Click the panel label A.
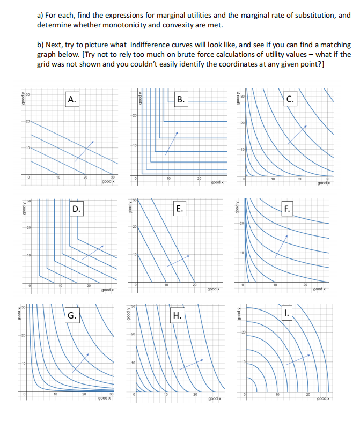[x=71, y=99]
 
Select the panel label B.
[x=181, y=99]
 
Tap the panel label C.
[x=290, y=99]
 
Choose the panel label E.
[x=180, y=209]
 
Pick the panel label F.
[x=288, y=209]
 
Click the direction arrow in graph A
[x=84, y=151]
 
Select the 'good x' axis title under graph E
[x=212, y=289]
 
